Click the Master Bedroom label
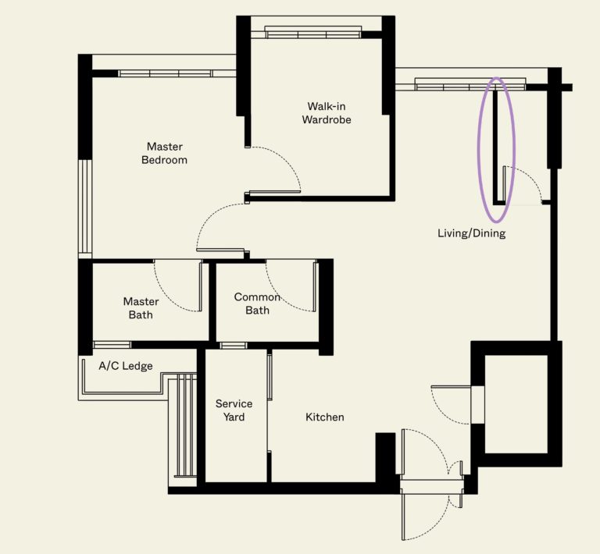(x=165, y=153)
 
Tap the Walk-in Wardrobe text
(x=327, y=113)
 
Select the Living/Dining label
(x=471, y=233)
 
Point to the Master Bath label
(x=141, y=308)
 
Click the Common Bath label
(x=257, y=304)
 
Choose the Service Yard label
(x=234, y=410)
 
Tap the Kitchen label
(x=324, y=417)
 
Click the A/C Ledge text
(x=125, y=366)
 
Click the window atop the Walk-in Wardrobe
(x=313, y=32)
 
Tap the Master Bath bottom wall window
(x=112, y=345)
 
